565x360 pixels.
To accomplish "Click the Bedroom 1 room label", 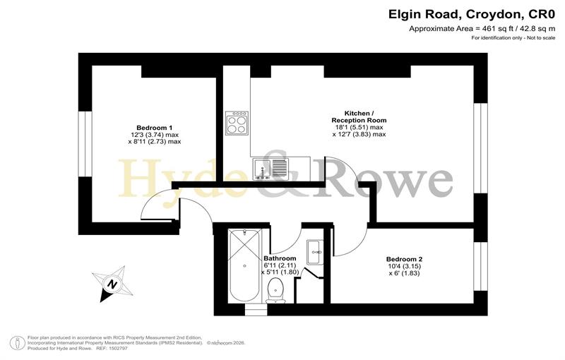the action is (x=154, y=128).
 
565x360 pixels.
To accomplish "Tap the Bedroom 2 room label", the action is (x=404, y=259).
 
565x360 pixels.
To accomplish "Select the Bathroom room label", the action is (x=280, y=258).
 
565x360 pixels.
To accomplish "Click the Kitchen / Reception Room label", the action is (x=359, y=116).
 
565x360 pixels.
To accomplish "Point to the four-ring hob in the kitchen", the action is (x=237, y=123).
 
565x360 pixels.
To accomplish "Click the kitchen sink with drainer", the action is (x=271, y=169).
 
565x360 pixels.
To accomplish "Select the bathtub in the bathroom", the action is (x=244, y=265).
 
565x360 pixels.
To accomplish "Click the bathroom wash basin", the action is (x=315, y=253).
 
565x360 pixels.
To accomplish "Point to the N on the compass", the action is (x=112, y=284).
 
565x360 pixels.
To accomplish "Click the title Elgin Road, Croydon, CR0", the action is (x=472, y=15).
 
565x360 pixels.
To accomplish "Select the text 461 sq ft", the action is (x=496, y=29).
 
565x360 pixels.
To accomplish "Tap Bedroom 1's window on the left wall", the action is (x=85, y=144).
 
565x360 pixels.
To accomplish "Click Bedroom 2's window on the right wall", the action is (x=480, y=266).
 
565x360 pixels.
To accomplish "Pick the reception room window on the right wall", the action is (x=480, y=148).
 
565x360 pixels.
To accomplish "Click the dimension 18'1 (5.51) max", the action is (x=359, y=128).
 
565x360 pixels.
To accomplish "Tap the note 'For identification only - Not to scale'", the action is (x=513, y=38).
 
